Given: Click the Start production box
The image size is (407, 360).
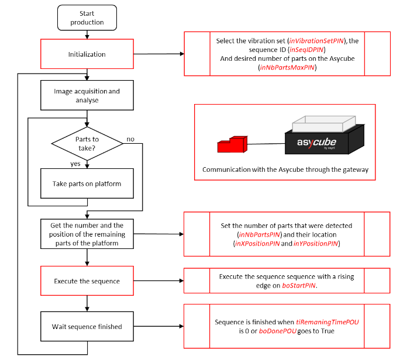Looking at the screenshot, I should pos(87,18).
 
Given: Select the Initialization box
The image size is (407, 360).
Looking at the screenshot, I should pos(87,54).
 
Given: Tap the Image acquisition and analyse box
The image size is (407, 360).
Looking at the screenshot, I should pos(87,96).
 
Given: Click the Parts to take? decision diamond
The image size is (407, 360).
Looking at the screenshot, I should pos(87,143).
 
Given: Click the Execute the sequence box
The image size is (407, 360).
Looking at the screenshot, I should pos(87,281).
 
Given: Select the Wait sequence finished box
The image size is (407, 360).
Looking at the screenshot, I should pos(87,326).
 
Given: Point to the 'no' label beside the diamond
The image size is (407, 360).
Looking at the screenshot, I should pos(131,140).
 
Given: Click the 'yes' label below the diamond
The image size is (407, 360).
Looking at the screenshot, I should pos(75,164).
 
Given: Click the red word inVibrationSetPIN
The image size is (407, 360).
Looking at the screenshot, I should pos(318,40).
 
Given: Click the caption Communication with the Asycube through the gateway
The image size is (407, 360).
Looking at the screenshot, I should pos(285,169).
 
